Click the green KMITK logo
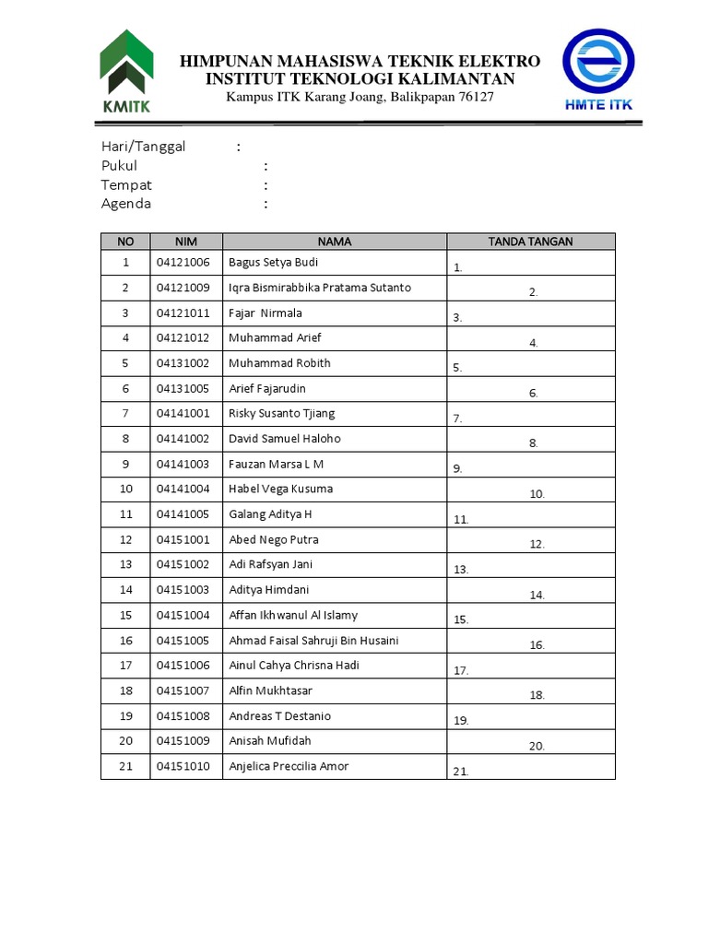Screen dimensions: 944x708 pyautogui.click(x=126, y=71)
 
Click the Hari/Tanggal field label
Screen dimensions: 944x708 pyautogui.click(x=143, y=147)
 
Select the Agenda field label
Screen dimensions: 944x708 pyautogui.click(x=126, y=204)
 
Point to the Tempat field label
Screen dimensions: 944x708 pyautogui.click(x=126, y=184)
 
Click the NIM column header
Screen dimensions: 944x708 pyautogui.click(x=186, y=242)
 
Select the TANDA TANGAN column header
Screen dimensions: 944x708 pyautogui.click(x=530, y=242)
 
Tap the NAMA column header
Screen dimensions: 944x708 pyautogui.click(x=335, y=242)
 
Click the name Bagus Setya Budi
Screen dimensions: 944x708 pyautogui.click(x=274, y=263)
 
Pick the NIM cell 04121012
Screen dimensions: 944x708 pyautogui.click(x=183, y=338)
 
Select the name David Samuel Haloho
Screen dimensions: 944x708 pyautogui.click(x=284, y=439)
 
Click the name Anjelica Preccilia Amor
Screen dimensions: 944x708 pyautogui.click(x=289, y=766)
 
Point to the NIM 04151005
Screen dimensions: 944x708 pyautogui.click(x=183, y=641)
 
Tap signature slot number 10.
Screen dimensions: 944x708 pyautogui.click(x=537, y=494)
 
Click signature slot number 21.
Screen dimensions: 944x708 pyautogui.click(x=461, y=772)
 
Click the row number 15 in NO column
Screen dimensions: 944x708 pyautogui.click(x=126, y=615)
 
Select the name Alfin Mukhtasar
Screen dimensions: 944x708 pyautogui.click(x=270, y=690)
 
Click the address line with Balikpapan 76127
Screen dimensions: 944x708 pyautogui.click(x=360, y=98)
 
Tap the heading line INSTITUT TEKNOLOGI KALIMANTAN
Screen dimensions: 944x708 pyautogui.click(x=360, y=79)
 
